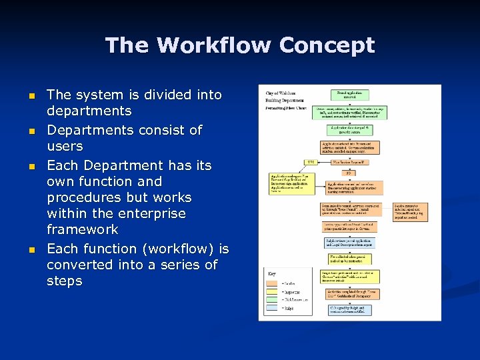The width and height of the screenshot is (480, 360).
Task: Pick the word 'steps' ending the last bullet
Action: (x=65, y=281)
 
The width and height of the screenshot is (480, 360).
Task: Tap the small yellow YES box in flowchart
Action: (x=310, y=162)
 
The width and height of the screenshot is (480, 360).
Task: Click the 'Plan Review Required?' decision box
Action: (x=351, y=162)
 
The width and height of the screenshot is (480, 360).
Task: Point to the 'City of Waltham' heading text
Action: (x=281, y=93)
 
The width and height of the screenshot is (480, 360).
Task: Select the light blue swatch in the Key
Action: (x=274, y=308)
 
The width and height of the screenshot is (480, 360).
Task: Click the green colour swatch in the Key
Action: (x=274, y=299)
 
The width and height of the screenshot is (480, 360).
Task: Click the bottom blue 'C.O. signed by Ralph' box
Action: (x=350, y=309)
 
